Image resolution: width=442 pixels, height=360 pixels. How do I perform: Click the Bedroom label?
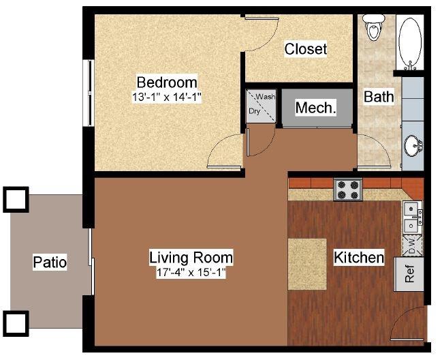(167, 82)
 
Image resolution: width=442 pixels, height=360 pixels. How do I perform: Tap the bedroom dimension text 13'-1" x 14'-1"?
(167, 97)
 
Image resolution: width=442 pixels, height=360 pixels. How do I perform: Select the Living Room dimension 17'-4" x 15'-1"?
(191, 273)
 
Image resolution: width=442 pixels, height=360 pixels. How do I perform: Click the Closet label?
(306, 49)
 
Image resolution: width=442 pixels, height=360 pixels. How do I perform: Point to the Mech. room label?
(316, 108)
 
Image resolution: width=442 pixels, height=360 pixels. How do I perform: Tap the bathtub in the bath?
(410, 42)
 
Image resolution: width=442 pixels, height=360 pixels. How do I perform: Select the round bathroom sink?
(413, 146)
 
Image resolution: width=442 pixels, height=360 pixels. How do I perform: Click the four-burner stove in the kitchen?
(348, 190)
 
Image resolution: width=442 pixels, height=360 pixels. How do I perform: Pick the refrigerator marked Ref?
(409, 274)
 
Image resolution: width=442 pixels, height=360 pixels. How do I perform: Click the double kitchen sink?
(412, 217)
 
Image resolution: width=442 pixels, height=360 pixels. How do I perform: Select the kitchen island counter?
(307, 264)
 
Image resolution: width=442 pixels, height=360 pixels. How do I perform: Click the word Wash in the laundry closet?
(265, 97)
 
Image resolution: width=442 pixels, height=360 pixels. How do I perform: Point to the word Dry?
(254, 111)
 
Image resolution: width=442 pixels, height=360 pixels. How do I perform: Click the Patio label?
(50, 262)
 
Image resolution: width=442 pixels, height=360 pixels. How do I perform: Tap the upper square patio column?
(16, 200)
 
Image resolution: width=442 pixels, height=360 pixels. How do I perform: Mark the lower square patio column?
(16, 324)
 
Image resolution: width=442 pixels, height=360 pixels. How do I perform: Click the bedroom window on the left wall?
(89, 93)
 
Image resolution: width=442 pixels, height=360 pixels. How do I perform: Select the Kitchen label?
(358, 258)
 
